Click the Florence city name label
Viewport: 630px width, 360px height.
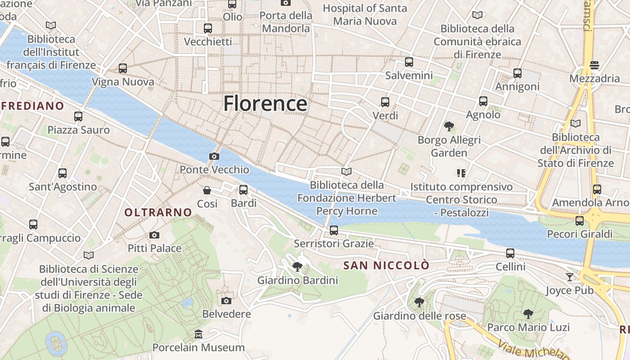[x=265, y=103]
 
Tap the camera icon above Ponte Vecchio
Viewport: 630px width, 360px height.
[x=214, y=156]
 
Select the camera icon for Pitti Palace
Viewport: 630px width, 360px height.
[x=154, y=235]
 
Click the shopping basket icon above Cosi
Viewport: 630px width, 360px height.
[x=207, y=190]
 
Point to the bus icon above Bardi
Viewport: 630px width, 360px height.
[x=243, y=190]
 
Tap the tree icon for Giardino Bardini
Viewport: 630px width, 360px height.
[x=297, y=267]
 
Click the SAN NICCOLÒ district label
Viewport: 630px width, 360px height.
[x=386, y=265]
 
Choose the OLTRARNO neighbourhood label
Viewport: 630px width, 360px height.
[x=158, y=212]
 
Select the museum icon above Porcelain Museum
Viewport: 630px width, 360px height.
[x=198, y=334]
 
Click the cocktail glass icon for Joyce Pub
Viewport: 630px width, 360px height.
[x=570, y=277]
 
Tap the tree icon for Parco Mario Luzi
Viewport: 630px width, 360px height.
[x=528, y=314]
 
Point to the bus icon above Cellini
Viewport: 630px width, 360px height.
[x=510, y=253]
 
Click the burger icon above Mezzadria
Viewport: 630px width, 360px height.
[x=594, y=65]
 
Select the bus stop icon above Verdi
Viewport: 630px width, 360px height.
[x=385, y=102]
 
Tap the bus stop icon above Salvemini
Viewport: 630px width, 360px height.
[x=409, y=62]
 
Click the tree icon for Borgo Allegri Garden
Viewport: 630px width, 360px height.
[x=449, y=126]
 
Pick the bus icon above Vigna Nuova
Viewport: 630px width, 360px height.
[x=122, y=68]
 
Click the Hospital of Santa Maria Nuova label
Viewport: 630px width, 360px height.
[x=364, y=14]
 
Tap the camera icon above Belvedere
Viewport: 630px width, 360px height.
[x=226, y=301]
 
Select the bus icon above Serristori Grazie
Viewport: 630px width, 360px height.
[x=333, y=230]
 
